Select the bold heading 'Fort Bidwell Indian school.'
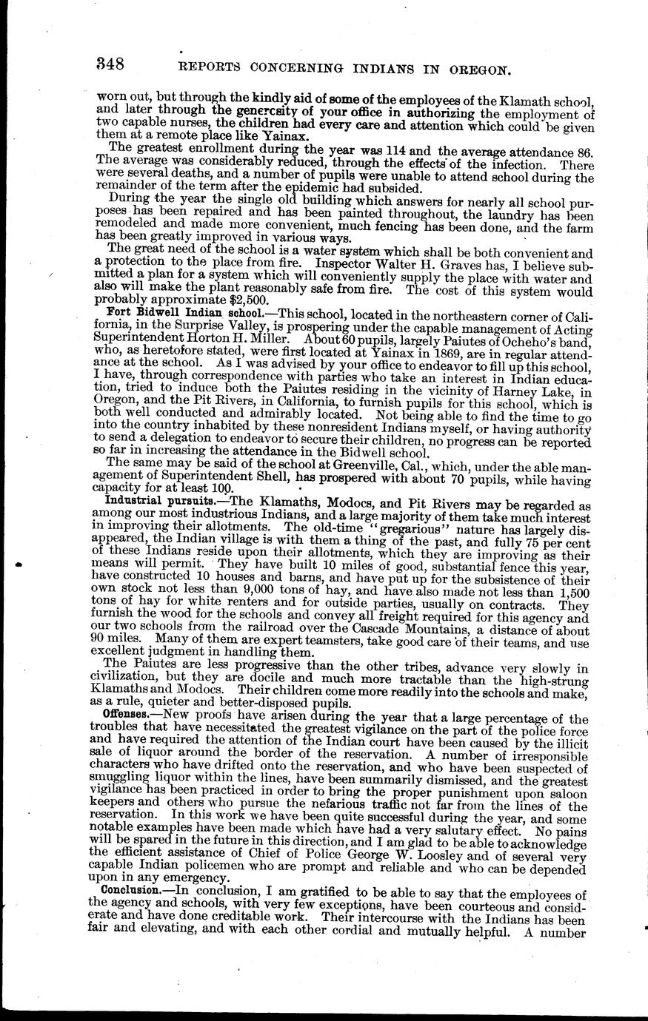(154, 312)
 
